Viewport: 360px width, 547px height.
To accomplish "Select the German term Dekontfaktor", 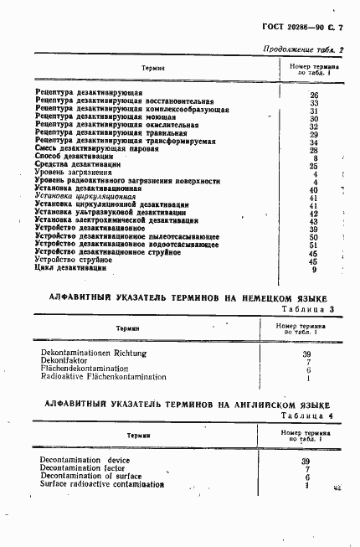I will (x=64, y=362).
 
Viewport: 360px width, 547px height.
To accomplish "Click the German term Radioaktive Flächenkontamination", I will (x=103, y=378).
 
